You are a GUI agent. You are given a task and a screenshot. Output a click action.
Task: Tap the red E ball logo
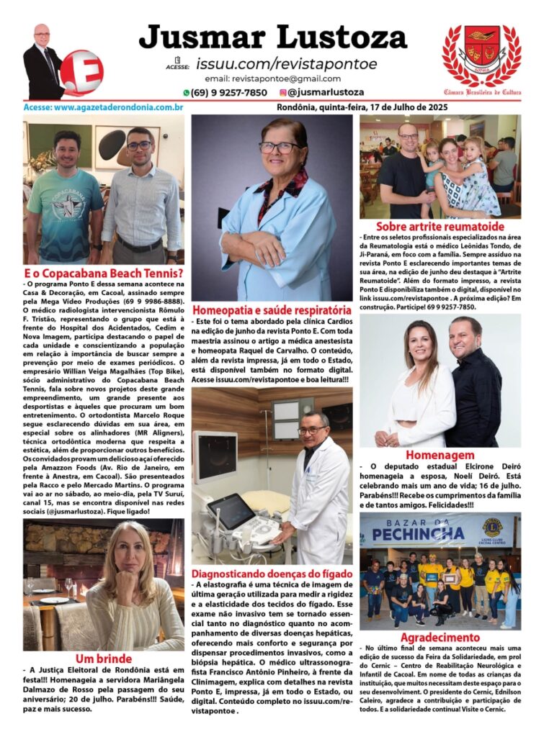pyautogui.click(x=81, y=73)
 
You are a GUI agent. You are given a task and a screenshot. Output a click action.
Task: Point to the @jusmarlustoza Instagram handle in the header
pyautogui.click(x=325, y=93)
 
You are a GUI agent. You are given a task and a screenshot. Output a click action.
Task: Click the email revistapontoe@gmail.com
pyautogui.click(x=273, y=79)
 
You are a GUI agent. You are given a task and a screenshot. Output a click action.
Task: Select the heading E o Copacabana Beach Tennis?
pyautogui.click(x=104, y=273)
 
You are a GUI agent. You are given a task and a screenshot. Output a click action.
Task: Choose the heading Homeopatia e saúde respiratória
pyautogui.click(x=272, y=310)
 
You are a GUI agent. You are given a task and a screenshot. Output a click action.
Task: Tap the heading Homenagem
pyautogui.click(x=440, y=456)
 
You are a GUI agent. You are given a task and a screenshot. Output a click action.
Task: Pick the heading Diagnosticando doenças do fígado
pyautogui.click(x=272, y=574)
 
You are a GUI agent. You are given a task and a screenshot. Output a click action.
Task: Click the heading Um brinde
pyautogui.click(x=104, y=659)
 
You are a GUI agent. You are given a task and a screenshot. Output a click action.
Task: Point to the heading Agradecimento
pyautogui.click(x=440, y=638)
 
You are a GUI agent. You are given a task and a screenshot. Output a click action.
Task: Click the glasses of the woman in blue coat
pyautogui.click(x=280, y=148)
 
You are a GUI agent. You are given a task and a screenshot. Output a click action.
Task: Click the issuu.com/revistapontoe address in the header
pyautogui.click(x=286, y=63)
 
